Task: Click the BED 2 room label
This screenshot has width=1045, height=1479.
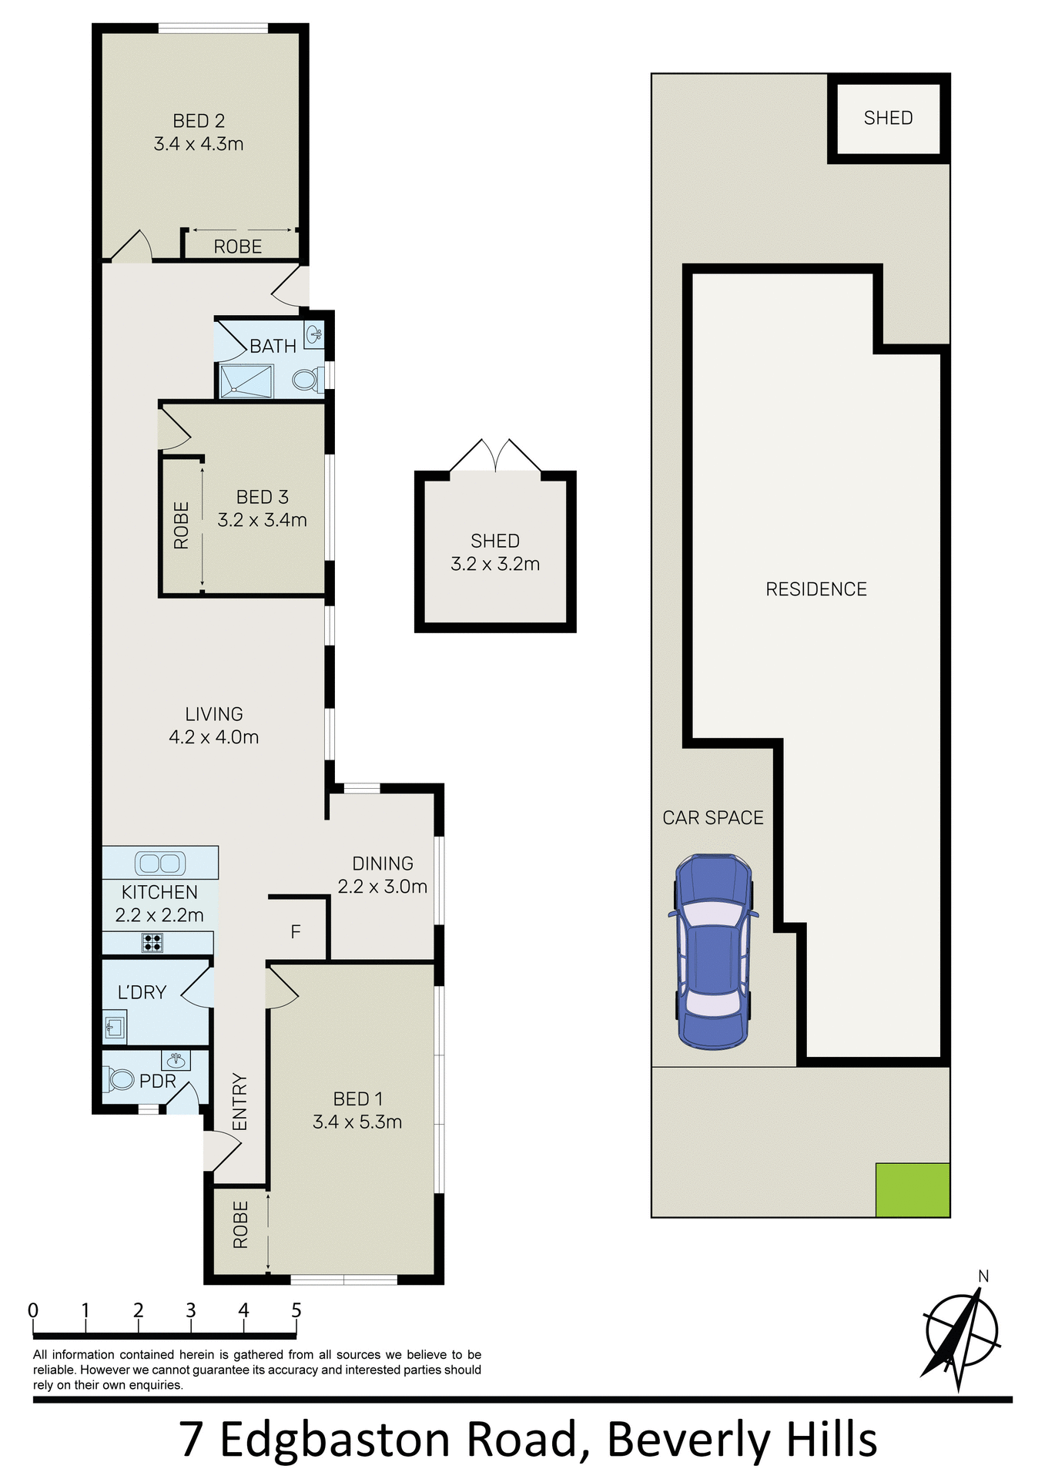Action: (199, 121)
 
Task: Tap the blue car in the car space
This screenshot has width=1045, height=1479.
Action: (713, 952)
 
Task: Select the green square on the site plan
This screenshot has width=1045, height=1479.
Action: (912, 1190)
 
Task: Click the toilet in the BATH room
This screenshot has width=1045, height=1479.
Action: (307, 379)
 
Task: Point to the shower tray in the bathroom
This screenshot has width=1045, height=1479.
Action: (246, 381)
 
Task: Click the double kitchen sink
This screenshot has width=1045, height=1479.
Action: (160, 863)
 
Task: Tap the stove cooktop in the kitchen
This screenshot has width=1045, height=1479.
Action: (152, 943)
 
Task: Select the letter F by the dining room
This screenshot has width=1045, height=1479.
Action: (296, 932)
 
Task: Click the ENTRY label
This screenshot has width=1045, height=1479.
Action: (240, 1102)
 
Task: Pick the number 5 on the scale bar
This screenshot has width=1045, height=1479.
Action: (296, 1310)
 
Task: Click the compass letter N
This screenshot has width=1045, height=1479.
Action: (983, 1276)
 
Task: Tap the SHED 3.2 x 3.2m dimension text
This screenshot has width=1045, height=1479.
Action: (495, 564)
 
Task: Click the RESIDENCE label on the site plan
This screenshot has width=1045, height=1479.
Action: (816, 589)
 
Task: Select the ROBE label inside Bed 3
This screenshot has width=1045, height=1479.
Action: (182, 525)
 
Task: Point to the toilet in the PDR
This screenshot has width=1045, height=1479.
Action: (120, 1078)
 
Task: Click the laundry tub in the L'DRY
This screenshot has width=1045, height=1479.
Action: (115, 1027)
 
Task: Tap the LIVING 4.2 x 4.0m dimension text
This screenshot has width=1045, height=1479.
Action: (214, 737)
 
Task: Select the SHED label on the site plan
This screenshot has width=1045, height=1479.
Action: (888, 118)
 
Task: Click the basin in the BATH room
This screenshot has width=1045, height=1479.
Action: (314, 334)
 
